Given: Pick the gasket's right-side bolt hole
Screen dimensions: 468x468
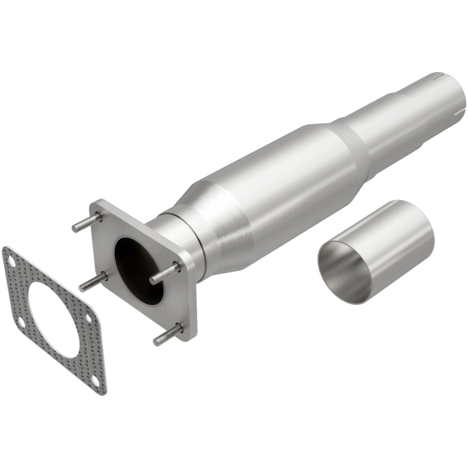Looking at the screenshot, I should (x=88, y=317).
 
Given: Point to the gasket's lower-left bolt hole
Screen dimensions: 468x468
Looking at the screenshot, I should (x=20, y=321).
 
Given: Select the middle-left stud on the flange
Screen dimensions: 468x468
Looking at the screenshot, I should (x=94, y=282).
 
